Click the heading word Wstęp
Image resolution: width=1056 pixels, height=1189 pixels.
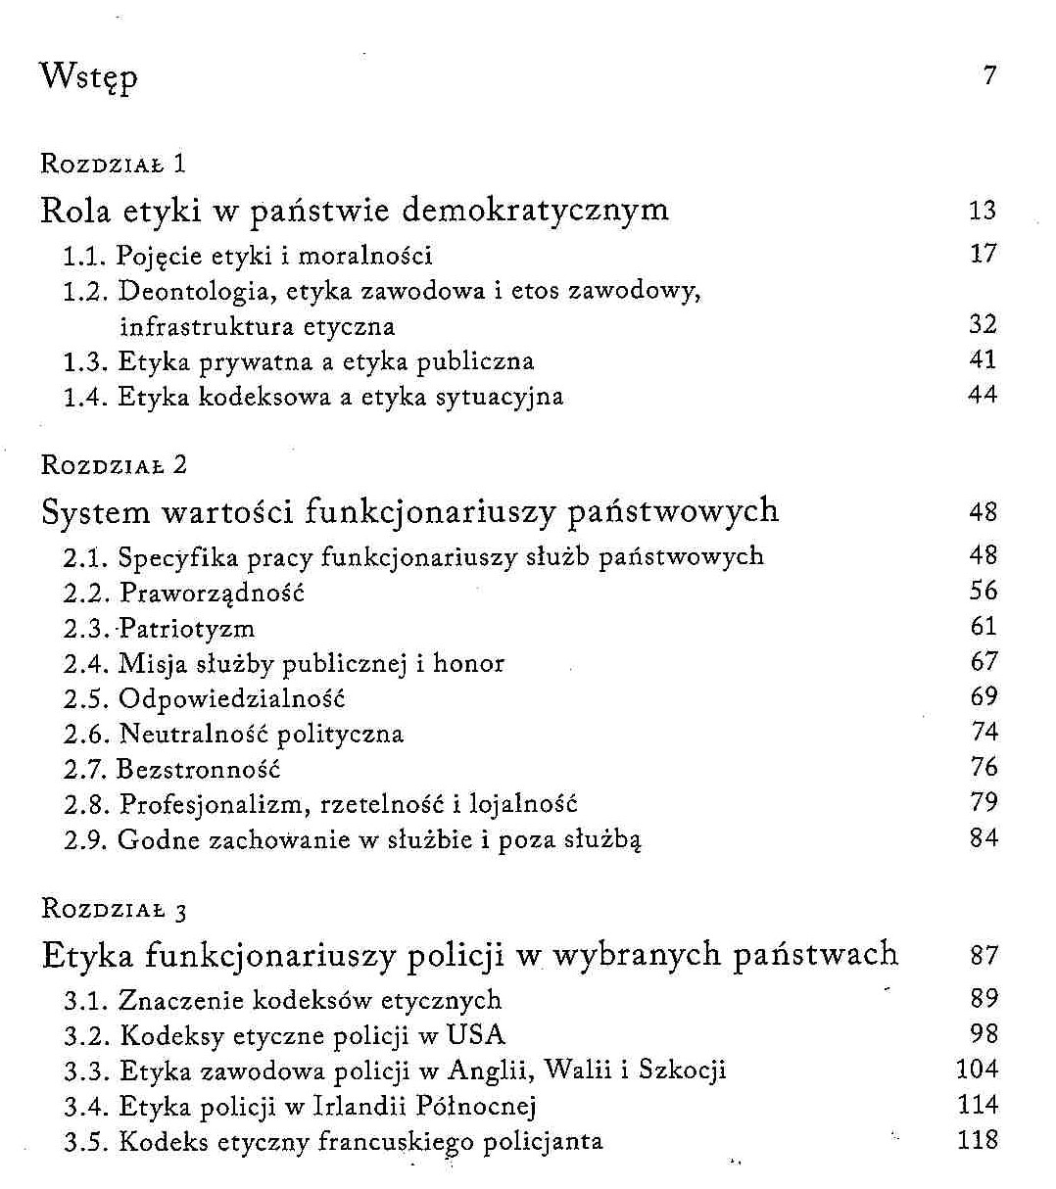click(88, 76)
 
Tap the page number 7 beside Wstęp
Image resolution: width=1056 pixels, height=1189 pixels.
click(989, 75)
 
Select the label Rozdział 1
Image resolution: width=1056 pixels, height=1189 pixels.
click(114, 163)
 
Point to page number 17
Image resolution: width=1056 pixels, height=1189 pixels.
click(983, 254)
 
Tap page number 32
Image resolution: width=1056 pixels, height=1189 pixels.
click(983, 324)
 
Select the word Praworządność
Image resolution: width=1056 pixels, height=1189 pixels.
click(212, 593)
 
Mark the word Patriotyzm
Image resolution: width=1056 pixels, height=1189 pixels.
click(186, 628)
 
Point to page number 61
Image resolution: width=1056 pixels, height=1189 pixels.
click(983, 626)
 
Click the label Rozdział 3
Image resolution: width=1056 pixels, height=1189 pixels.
click(114, 908)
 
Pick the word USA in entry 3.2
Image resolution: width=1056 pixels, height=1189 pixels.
click(476, 1034)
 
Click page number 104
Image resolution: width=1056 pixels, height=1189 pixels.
click(977, 1069)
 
